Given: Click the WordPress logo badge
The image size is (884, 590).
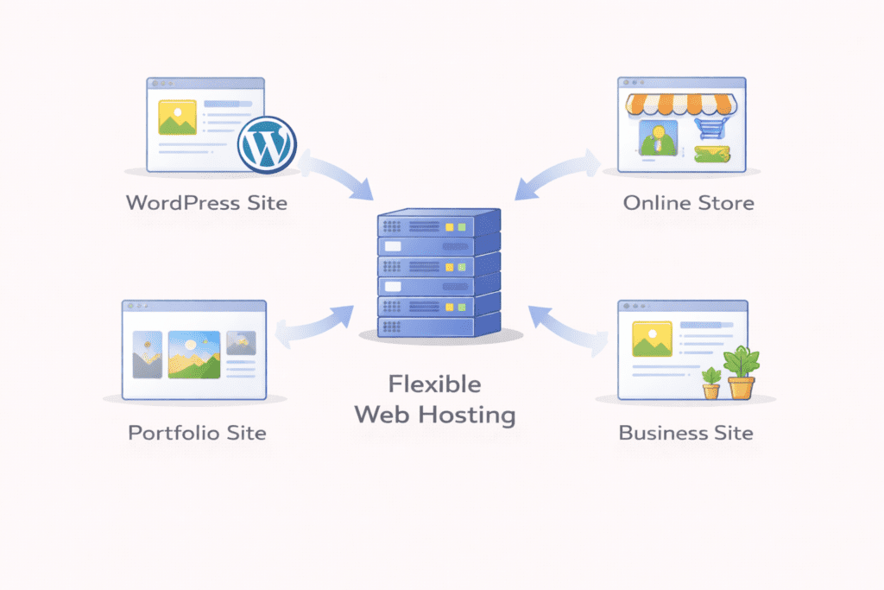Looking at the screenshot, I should pyautogui.click(x=267, y=143).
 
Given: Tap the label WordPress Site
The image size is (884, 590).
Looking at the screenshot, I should pyautogui.click(x=206, y=204).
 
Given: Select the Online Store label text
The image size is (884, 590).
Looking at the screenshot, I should pyautogui.click(x=688, y=204).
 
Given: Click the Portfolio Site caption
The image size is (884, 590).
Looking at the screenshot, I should pyautogui.click(x=197, y=432).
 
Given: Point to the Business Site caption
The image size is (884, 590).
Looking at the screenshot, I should pyautogui.click(x=685, y=432).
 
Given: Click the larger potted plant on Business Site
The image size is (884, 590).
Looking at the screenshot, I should pyautogui.click(x=741, y=372).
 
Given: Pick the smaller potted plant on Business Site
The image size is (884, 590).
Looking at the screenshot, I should pyautogui.click(x=710, y=383).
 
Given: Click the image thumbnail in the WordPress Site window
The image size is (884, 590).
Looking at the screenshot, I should pyautogui.click(x=177, y=117).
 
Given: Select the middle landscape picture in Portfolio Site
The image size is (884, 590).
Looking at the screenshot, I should pyautogui.click(x=193, y=354).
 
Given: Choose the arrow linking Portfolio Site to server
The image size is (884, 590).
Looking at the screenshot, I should pyautogui.click(x=315, y=323).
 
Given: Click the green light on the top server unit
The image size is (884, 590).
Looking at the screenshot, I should pyautogui.click(x=461, y=227).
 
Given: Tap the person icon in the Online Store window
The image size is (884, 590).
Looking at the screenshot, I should pyautogui.click(x=655, y=138).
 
